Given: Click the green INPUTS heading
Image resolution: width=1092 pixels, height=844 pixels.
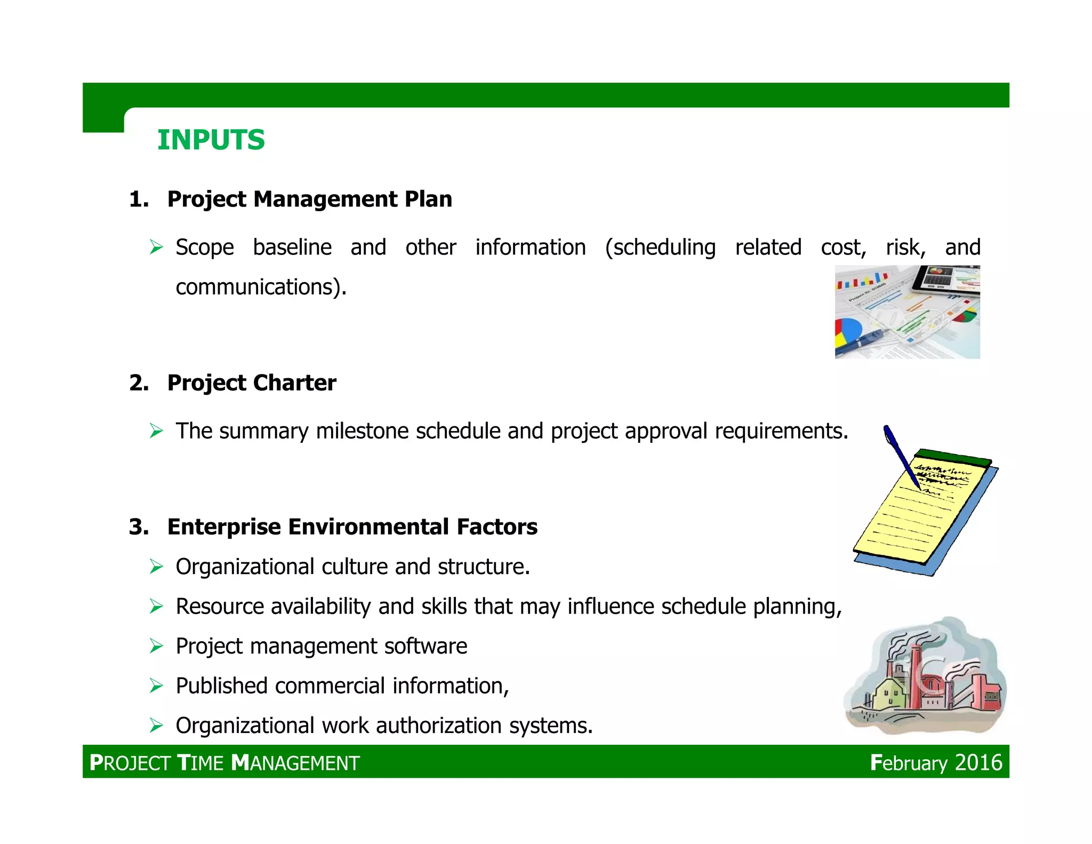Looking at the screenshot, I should tap(211, 140).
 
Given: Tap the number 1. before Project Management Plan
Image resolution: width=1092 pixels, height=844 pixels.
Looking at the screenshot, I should tap(139, 200).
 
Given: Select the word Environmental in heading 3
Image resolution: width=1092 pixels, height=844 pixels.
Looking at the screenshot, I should tap(368, 527).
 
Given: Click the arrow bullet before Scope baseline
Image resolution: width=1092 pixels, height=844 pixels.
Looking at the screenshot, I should tap(156, 248).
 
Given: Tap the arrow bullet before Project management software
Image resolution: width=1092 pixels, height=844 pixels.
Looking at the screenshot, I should tap(156, 647).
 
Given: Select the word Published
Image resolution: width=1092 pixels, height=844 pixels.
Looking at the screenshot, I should tap(221, 686).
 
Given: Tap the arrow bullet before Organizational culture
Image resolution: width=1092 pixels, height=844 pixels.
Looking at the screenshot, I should tap(156, 567).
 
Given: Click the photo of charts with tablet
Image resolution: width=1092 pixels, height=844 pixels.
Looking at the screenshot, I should tap(907, 312).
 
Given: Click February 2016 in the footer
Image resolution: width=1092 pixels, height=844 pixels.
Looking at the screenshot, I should tap(936, 763).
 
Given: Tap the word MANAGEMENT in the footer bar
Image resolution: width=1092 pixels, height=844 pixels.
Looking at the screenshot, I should tap(296, 763).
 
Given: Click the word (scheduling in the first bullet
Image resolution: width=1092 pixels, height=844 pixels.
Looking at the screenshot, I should tap(660, 248).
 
